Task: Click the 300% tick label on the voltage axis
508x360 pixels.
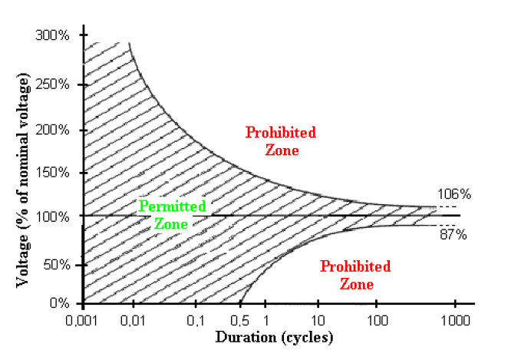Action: (x=51, y=35)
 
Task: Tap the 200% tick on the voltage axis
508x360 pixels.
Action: (x=51, y=130)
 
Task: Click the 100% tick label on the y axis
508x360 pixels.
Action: (x=51, y=217)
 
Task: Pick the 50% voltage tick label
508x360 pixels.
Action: (x=54, y=265)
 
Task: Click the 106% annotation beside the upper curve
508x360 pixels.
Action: (x=452, y=194)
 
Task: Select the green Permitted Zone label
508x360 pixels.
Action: (x=172, y=215)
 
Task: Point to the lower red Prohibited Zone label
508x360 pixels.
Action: (x=355, y=275)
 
